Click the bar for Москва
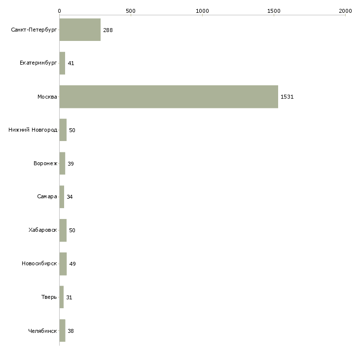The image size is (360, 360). click(169, 97)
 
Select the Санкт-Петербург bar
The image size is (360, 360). click(80, 30)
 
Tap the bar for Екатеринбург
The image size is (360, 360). click(62, 63)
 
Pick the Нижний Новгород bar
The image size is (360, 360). click(63, 130)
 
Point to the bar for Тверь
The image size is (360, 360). click(62, 297)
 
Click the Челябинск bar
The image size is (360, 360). click(62, 330)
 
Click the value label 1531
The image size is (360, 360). click(287, 97)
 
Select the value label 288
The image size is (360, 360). click(108, 30)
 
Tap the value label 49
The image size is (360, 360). click(72, 264)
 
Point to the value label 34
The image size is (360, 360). click(70, 197)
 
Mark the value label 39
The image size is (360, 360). click(71, 164)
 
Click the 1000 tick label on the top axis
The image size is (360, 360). click(202, 11)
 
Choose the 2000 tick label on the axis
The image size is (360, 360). click(345, 11)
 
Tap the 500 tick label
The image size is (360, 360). click(131, 11)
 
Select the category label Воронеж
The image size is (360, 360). click(45, 163)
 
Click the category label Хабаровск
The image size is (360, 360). click(43, 230)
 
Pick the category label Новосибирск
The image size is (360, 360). click(39, 263)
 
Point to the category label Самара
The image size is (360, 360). click(47, 196)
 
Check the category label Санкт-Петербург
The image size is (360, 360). click(34, 30)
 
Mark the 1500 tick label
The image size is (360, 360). click(274, 11)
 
